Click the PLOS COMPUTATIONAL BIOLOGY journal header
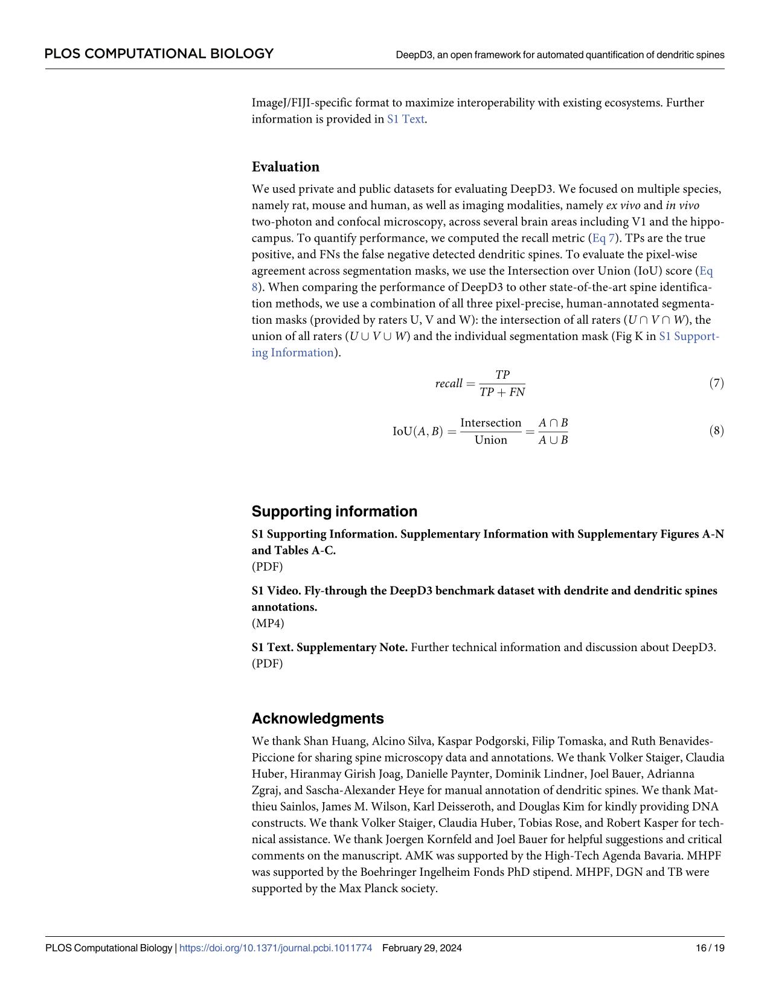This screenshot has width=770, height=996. click(x=159, y=54)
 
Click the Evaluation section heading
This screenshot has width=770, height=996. click(x=285, y=167)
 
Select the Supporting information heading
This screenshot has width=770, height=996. click(x=334, y=511)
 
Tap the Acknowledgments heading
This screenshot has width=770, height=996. click(x=317, y=718)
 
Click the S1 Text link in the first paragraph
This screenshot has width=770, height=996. click(x=405, y=119)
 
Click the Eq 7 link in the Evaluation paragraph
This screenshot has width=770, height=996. click(x=607, y=238)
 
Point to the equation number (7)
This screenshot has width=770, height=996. click(x=716, y=383)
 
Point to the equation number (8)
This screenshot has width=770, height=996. click(x=716, y=431)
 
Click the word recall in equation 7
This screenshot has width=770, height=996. click(x=448, y=384)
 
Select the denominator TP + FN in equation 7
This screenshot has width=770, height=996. click(x=502, y=392)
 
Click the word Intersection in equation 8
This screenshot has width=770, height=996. click(x=490, y=423)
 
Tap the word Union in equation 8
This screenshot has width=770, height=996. click(x=490, y=440)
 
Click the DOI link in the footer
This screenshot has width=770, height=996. click(x=275, y=948)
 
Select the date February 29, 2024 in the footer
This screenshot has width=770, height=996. click(x=422, y=948)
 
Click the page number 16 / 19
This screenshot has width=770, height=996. click(x=710, y=948)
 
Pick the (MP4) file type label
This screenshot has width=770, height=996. click(x=268, y=623)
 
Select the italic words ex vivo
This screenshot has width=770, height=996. click(x=623, y=205)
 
